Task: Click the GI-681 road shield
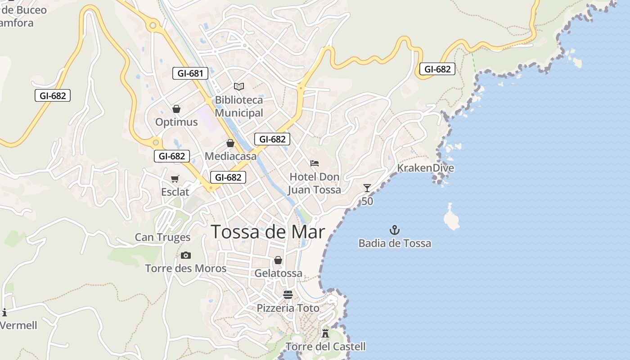[x=190, y=73]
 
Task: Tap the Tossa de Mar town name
[x=268, y=232]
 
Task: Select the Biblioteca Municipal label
[x=239, y=106]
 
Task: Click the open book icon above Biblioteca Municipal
[x=239, y=86]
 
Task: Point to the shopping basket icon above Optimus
[x=176, y=109]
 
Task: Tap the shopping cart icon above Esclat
[x=175, y=179]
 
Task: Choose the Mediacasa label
[x=230, y=156]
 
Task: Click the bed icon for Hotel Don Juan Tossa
[x=315, y=163]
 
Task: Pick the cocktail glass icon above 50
[x=367, y=188]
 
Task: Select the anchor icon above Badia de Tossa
[x=395, y=230]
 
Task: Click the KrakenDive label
[x=425, y=168]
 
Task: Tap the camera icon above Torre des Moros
[x=186, y=256]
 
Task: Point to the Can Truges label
[x=163, y=237]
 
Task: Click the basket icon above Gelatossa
[x=278, y=260]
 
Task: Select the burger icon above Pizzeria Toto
[x=288, y=295]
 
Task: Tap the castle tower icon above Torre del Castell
[x=325, y=333]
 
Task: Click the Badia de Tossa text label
[x=395, y=243]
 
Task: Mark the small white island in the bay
[x=451, y=217]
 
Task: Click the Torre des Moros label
[x=186, y=269]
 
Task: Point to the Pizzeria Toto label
[x=288, y=308]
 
